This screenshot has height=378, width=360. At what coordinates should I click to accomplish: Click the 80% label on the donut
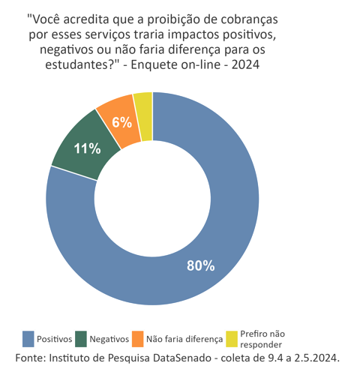pos(200,265)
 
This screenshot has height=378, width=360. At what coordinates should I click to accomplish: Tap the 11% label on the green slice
pos(87,148)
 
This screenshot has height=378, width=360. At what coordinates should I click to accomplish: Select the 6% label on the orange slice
pos(122,122)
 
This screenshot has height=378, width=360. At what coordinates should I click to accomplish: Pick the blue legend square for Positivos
pos(28,339)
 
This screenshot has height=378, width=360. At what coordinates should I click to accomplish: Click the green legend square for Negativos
pos(81,339)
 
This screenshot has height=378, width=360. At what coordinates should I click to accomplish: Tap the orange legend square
pos(138,339)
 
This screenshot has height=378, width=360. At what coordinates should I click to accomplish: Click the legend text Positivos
pos(55,340)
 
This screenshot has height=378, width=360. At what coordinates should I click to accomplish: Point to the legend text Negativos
pos(109,340)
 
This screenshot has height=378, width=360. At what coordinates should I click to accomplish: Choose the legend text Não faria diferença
pos(180,340)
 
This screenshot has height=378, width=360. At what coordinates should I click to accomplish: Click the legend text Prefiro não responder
pos(262,339)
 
